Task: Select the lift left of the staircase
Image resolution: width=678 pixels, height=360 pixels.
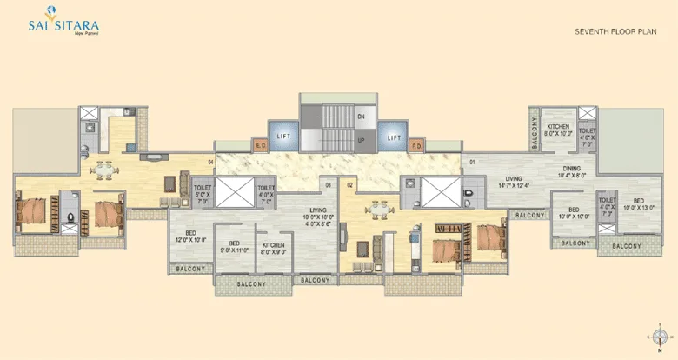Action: coord(283,137)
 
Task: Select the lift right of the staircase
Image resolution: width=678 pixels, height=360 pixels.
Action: coord(393,137)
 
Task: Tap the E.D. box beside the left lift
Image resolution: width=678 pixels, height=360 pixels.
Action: coord(260,145)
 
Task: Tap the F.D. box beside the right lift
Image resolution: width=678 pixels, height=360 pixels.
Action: coord(416,145)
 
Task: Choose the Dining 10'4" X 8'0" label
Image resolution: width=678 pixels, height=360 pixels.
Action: coord(572,171)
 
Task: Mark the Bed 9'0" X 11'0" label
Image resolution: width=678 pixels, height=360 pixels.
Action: coord(234,246)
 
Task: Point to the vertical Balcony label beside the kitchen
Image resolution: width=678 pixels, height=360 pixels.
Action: coord(535,131)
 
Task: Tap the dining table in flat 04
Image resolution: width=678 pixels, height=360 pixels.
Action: coord(104,168)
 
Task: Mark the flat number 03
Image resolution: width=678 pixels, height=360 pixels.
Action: coord(329,184)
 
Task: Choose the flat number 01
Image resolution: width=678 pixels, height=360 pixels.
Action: coord(472,163)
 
